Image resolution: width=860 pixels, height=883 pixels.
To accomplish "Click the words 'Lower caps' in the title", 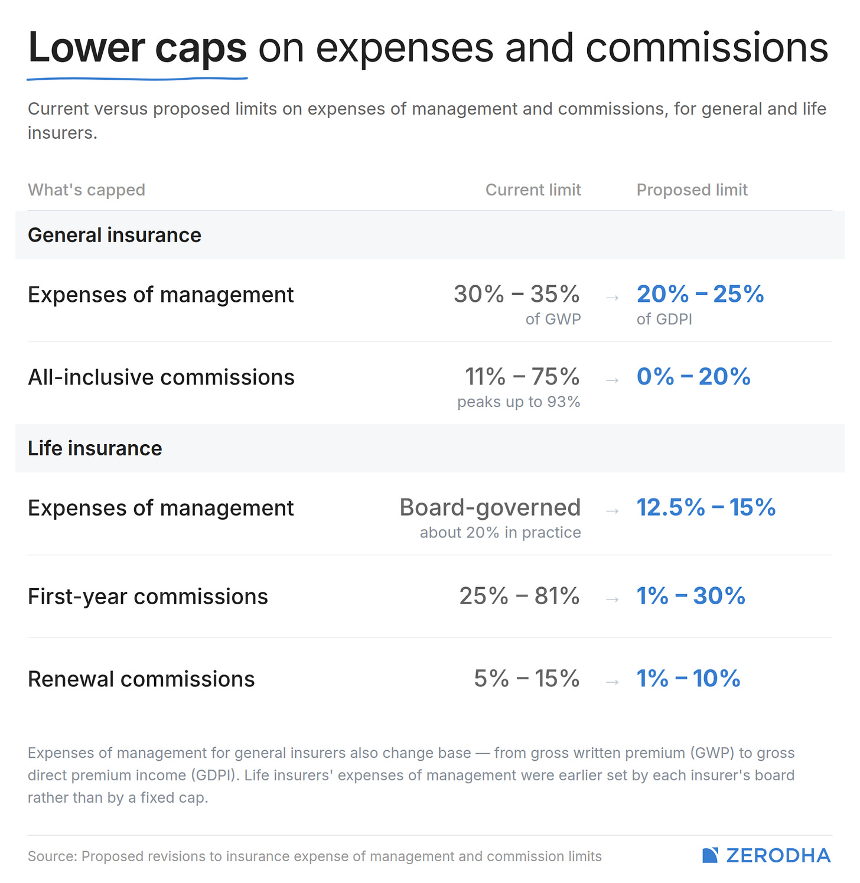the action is pos(137,48).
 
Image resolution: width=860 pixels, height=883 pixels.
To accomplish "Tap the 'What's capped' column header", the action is pos(86,190).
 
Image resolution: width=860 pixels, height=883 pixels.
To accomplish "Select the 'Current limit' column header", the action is pos(533,190).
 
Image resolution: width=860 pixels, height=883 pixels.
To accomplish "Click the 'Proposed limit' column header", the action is pos(692,190).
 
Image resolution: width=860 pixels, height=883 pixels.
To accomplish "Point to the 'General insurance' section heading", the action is pos(115,235).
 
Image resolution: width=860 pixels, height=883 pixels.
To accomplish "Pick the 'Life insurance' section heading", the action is pos(95,448).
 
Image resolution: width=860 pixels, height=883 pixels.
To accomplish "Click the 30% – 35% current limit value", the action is pos(517,294).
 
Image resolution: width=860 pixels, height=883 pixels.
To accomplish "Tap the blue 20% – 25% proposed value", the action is pos(701,294).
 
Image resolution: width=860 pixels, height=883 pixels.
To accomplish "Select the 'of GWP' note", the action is pos(553,319).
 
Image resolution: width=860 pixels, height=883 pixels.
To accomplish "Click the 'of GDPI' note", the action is pos(664,319).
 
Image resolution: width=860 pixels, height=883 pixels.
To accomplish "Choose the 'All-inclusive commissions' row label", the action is pos(161,377).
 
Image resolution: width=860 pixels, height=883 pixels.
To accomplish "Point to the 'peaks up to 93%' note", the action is pos(519,402).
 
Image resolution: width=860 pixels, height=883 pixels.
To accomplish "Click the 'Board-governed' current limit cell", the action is pos(490,507).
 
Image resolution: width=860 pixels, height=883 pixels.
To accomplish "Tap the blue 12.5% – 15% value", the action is pos(706,507).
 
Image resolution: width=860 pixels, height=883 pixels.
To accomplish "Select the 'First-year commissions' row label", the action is pos(148,597).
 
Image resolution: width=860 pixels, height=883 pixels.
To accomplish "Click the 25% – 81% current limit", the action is pos(520,596).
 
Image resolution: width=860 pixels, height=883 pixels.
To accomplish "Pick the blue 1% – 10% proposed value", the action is pos(689,679).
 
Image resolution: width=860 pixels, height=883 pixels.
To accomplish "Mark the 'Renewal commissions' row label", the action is pos(141,679).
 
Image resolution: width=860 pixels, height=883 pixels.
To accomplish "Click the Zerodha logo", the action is pos(767,855).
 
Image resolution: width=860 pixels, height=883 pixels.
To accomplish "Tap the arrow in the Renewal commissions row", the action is pos(613,682).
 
